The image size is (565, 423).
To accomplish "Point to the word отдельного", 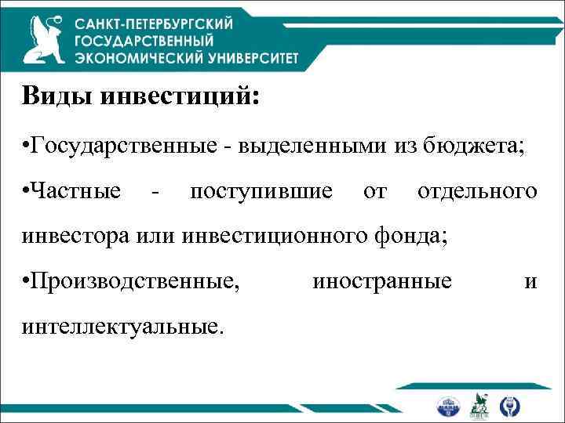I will (x=477, y=191).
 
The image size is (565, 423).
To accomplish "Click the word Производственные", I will (x=134, y=280).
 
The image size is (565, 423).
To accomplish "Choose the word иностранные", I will (x=381, y=280).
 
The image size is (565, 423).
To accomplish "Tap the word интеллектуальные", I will (x=124, y=324).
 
